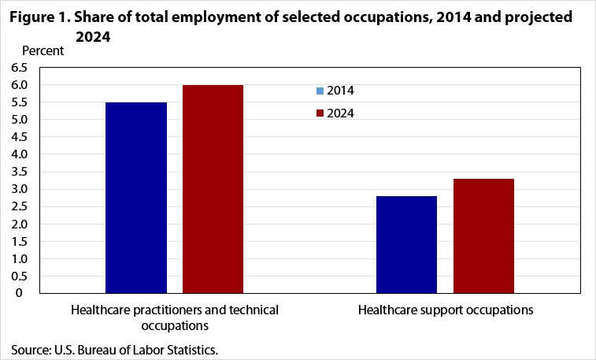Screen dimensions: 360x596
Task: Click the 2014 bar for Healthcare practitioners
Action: point(135,197)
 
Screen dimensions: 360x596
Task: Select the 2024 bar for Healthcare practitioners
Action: point(213,188)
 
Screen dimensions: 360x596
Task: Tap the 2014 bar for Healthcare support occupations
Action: point(406,244)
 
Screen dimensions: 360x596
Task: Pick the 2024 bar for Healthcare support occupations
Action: point(483,236)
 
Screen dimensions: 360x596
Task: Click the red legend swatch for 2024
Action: point(320,113)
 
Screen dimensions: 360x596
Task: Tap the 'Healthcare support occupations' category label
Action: point(446,310)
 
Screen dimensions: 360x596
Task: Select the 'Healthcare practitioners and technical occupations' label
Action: point(175,317)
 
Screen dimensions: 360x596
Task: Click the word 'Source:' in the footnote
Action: point(30,348)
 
